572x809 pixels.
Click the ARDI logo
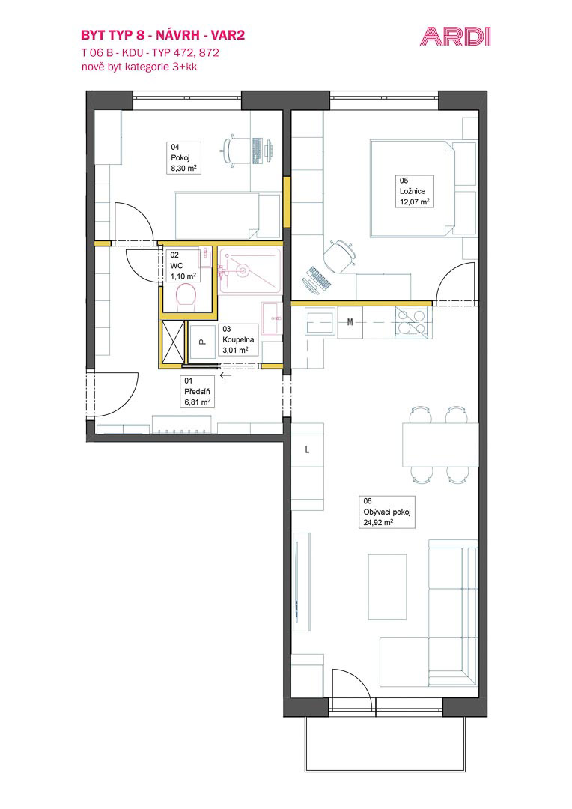coord(455,37)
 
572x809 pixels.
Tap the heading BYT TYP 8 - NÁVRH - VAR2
coord(163,35)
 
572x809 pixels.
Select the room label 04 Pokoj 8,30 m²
coord(185,158)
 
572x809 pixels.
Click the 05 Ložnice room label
coord(415,191)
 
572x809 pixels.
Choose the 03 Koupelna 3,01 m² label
coord(238,339)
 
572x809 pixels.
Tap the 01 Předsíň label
coord(197,392)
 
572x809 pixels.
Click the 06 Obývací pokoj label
coord(387,512)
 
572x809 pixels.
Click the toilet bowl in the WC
coord(186,297)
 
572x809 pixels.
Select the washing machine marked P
coord(203,341)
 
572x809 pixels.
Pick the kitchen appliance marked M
coord(350,322)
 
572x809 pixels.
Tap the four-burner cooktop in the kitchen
coord(411,322)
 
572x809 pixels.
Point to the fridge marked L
coord(308,449)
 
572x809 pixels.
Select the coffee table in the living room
coord(387,587)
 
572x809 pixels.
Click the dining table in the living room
coord(440,444)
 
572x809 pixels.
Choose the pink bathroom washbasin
coord(272,318)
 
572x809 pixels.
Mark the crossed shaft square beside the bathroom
coord(173,342)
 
